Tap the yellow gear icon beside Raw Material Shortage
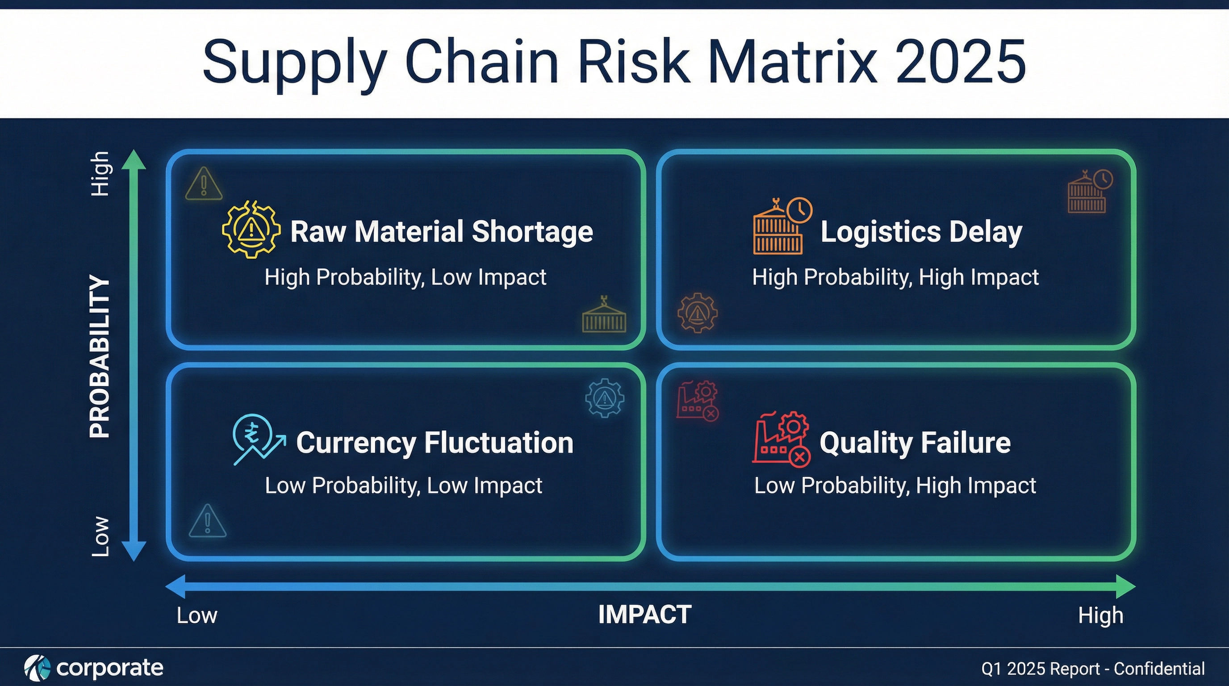point(251,230)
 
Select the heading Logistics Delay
point(921,232)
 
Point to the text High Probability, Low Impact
point(405,277)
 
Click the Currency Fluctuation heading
point(434,443)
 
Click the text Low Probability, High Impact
point(895,485)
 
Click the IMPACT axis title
point(644,615)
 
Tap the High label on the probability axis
point(100,174)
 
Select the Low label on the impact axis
point(197,616)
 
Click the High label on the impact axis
point(1100,616)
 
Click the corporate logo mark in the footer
point(37,668)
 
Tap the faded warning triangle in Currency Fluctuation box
point(208,521)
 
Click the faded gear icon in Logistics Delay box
point(697,313)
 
